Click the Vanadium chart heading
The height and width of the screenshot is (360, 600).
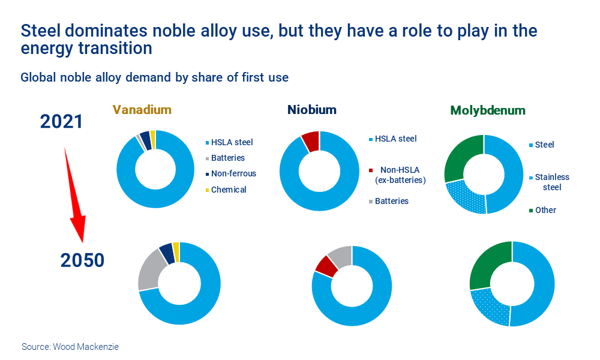tap(142, 110)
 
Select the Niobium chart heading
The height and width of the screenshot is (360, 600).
tap(311, 110)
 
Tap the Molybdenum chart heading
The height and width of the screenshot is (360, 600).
tap(487, 110)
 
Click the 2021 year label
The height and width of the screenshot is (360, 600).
tap(61, 122)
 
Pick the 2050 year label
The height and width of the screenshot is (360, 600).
tap(82, 260)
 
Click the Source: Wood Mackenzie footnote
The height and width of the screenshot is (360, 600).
tap(70, 347)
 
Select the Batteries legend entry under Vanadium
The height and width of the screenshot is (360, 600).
tap(227, 158)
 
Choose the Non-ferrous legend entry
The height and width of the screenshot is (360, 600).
tap(233, 173)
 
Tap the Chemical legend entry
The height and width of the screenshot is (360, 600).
tap(229, 189)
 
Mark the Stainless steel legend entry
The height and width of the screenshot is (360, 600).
tap(551, 182)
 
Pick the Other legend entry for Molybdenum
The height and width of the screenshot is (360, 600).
tap(545, 210)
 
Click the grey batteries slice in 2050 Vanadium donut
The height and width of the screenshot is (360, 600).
tap(149, 269)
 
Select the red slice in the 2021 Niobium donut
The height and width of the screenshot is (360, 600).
tap(311, 141)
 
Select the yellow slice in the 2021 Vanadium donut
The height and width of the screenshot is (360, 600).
tap(152, 139)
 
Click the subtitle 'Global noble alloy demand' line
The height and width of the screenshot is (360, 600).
tap(154, 77)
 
